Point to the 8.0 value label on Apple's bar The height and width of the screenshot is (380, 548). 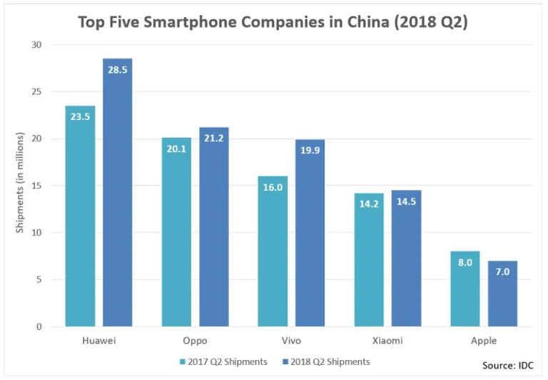tap(465, 263)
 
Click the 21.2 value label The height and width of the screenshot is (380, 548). tap(213, 139)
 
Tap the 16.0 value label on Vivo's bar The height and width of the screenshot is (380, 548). tap(273, 187)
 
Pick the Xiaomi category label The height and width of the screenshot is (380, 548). tap(387, 341)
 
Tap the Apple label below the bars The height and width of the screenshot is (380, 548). tap(483, 341)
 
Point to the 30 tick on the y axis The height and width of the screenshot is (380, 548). tap(36, 45)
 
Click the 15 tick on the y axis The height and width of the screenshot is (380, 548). tap(36, 186)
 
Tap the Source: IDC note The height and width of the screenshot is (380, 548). tap(508, 365)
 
